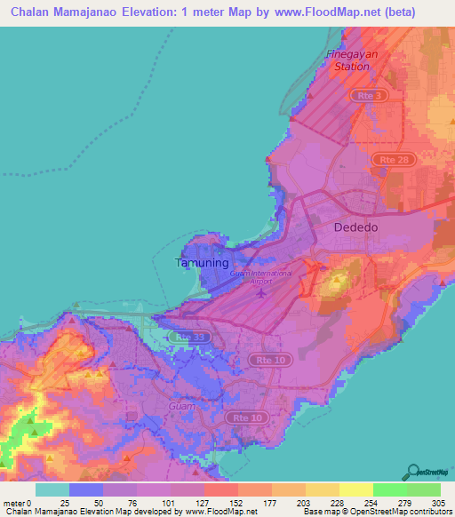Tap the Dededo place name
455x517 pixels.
[x=355, y=227]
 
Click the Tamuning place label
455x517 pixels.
[x=202, y=263]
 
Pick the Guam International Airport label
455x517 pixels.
[x=260, y=277]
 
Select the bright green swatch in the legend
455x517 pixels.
[x=389, y=489]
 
